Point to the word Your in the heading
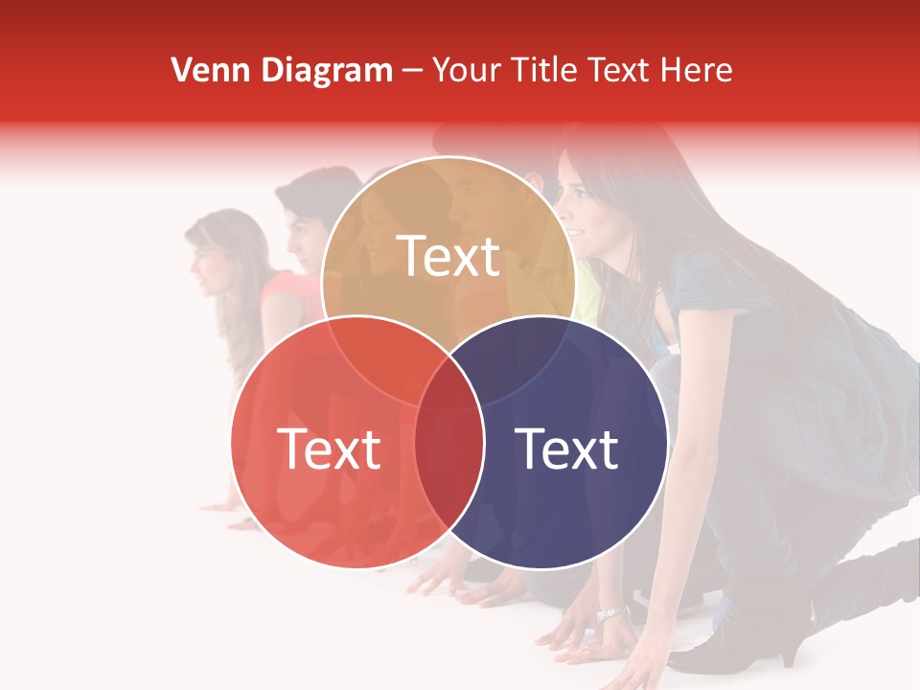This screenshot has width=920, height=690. click(467, 70)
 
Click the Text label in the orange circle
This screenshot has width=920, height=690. click(448, 256)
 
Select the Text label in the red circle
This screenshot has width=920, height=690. click(329, 448)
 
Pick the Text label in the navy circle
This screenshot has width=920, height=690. click(566, 448)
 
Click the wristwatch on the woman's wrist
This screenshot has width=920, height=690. click(612, 612)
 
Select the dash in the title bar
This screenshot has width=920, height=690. click(413, 70)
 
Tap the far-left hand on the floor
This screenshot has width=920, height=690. click(241, 523)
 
